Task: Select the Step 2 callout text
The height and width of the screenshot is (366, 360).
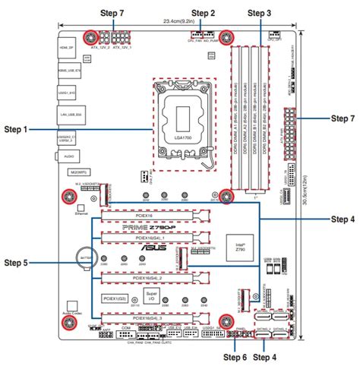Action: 203,14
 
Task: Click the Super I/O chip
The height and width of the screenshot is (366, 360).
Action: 152,295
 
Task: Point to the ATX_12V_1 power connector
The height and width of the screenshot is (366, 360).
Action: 121,38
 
